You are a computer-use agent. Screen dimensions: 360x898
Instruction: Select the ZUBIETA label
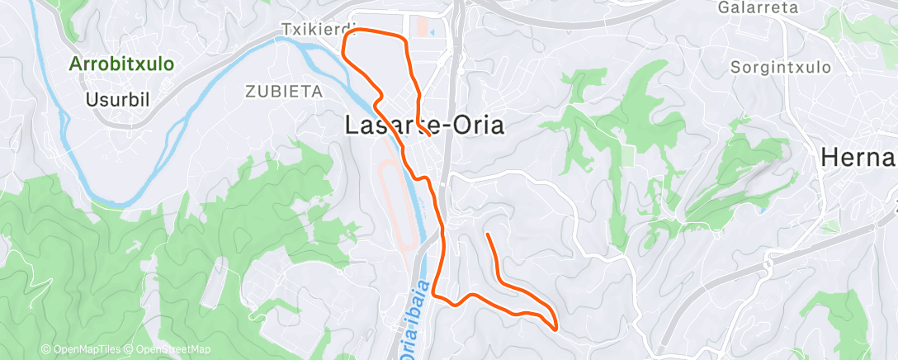click(283, 91)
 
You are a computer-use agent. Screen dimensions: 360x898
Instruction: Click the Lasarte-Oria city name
click(423, 126)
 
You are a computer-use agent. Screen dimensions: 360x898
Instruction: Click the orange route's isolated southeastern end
click(489, 236)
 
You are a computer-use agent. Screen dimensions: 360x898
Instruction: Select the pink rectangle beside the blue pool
click(423, 27)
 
